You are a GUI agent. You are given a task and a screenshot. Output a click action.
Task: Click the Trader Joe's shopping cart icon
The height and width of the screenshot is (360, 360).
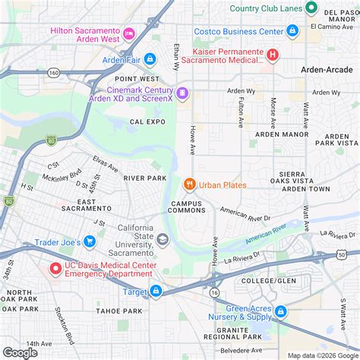click(89, 242)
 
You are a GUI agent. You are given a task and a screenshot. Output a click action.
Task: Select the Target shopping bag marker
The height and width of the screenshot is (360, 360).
click(156, 291)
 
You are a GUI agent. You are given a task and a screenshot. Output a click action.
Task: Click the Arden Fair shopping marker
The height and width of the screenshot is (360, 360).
click(150, 58)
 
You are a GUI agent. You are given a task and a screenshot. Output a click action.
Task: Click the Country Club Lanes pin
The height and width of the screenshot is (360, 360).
click(311, 8)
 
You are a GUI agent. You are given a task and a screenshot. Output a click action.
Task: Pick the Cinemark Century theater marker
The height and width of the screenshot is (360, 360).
click(182, 94)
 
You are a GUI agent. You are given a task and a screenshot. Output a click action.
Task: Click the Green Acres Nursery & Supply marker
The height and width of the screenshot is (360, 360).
click(280, 311)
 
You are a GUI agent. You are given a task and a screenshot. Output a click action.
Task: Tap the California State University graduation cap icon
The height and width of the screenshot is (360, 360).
click(163, 240)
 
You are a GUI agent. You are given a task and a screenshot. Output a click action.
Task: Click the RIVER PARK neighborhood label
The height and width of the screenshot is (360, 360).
click(145, 178)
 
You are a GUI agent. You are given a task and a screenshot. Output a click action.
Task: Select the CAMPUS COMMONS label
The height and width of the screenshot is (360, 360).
click(187, 206)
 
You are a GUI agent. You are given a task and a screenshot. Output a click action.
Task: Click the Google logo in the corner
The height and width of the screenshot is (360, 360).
click(21, 352)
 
